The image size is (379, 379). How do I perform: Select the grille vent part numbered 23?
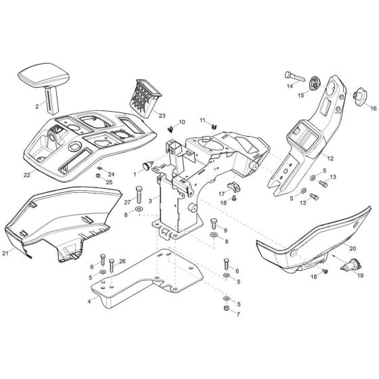(x=146, y=98)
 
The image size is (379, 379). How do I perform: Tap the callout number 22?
(x=27, y=175)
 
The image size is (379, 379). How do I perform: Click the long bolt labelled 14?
(x=294, y=76)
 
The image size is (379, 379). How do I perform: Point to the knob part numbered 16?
(x=360, y=96)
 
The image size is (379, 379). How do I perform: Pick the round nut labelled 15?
(x=315, y=83)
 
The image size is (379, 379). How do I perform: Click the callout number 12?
(x=330, y=158)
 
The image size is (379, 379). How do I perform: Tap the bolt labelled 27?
(x=139, y=195)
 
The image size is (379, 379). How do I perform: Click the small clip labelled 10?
(x=171, y=129)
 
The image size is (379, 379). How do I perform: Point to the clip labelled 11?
(x=214, y=127)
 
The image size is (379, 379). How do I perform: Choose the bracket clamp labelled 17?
(x=233, y=187)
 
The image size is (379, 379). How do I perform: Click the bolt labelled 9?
(x=214, y=223)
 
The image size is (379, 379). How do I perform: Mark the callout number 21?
(x=5, y=253)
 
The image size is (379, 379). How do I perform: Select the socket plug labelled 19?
(x=351, y=267)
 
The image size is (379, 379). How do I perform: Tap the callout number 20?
(x=353, y=248)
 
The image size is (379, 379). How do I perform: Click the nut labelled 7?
(x=227, y=308)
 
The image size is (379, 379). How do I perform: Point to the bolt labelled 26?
(x=112, y=266)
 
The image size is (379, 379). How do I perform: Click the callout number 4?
(x=89, y=301)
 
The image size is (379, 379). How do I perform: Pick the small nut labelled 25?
(x=98, y=175)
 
